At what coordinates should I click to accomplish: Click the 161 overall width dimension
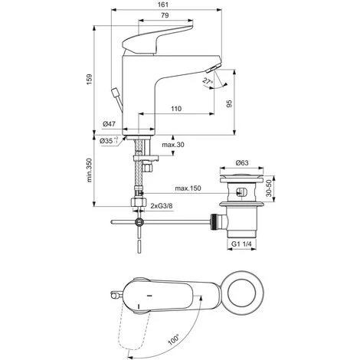(x=165, y=5)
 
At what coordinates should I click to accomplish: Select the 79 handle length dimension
(x=165, y=15)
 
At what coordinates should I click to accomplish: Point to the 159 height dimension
(x=89, y=80)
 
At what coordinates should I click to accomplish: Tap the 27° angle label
(x=208, y=82)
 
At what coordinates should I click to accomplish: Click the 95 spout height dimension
(x=230, y=103)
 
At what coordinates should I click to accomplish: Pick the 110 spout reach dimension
(x=176, y=109)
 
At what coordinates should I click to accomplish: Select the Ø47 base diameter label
(x=110, y=124)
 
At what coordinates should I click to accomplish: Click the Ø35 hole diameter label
(x=109, y=140)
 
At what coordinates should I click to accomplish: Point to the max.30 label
(x=173, y=145)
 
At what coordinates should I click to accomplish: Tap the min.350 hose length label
(x=89, y=170)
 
